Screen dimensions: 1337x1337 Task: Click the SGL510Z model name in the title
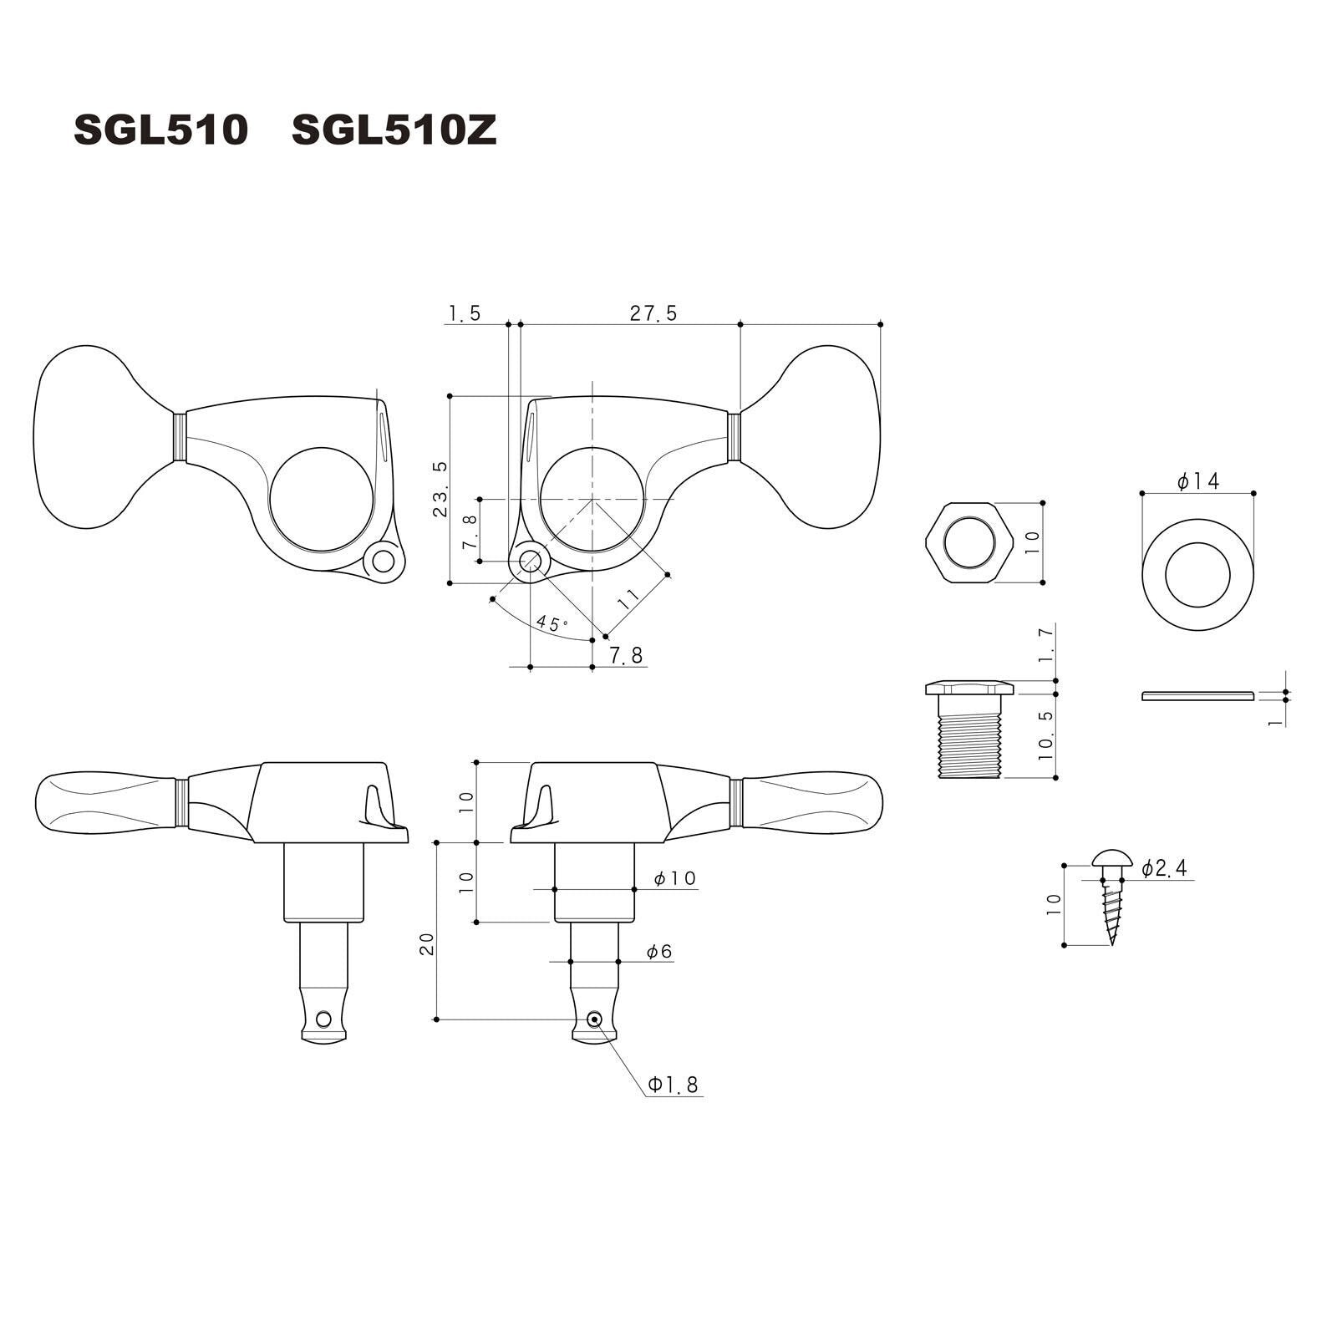[394, 130]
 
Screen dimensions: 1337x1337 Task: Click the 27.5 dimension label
[654, 313]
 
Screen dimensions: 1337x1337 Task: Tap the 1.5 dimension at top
[465, 313]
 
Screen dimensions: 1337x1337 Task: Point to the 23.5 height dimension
[440, 489]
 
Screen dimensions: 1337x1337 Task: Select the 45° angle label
[552, 623]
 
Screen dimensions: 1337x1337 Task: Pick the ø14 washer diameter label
[1198, 481]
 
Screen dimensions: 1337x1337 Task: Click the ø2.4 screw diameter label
[1164, 868]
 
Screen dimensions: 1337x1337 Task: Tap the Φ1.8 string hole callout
[674, 1085]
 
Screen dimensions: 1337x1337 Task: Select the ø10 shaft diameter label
[675, 878]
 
